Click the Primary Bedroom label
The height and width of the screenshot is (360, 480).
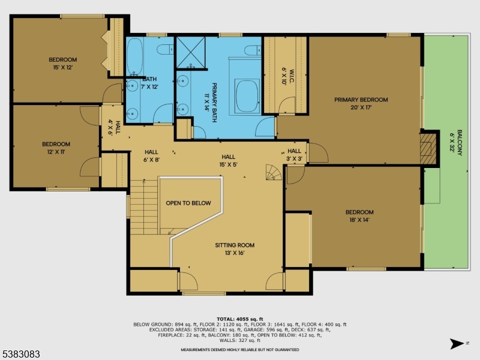[361, 100]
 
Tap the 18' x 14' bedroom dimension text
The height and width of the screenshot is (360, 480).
[359, 220]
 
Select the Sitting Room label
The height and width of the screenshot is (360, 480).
[235, 245]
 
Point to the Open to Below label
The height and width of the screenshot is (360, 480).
[188, 203]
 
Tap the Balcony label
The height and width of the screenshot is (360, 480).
[460, 143]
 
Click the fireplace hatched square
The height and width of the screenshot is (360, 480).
[428, 148]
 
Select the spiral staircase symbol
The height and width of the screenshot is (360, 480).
[274, 172]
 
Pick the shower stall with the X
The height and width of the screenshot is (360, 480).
[191, 52]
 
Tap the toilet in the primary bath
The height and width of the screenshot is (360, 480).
[253, 50]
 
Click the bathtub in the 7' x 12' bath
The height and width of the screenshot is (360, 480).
[134, 57]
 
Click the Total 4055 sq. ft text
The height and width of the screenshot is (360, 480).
[240, 319]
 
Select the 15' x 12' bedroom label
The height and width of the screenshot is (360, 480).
[63, 64]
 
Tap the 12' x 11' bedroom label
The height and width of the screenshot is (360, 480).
[56, 148]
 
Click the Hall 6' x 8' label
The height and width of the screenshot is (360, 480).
[152, 156]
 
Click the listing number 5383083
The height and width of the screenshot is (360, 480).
[20, 354]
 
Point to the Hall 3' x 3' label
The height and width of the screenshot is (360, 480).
[295, 155]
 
